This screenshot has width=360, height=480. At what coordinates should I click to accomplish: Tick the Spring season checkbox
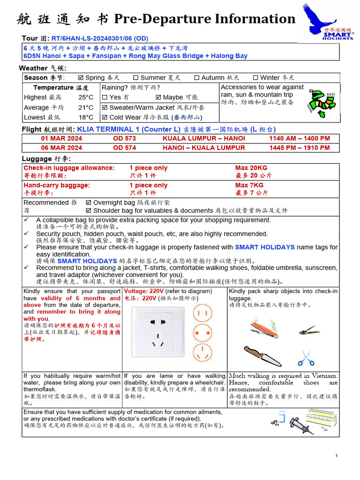pos(80,78)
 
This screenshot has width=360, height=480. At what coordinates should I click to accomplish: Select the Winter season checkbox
pos(255,78)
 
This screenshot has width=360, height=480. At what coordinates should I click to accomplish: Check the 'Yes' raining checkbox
pos(105,97)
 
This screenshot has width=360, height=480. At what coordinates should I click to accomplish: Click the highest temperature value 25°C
pos(86,97)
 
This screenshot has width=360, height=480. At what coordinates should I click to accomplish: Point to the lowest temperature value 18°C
pos(86,118)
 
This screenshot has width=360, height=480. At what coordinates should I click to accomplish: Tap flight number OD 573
pos(124,138)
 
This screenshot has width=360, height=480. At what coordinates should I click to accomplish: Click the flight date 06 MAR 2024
pos(61,148)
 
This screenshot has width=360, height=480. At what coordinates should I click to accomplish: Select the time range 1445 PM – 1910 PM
pos(300,148)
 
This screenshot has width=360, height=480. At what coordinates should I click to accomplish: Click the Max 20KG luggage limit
pos(251,168)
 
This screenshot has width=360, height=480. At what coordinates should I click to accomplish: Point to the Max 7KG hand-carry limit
pos(249,185)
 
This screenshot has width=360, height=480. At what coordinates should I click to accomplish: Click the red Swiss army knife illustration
pos(264,327)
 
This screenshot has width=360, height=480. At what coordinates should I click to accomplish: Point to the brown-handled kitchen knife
pos(262,356)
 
